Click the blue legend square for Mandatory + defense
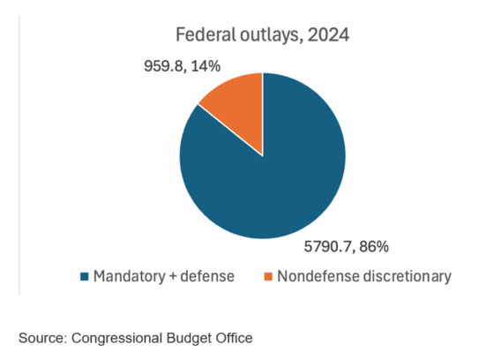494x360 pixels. click(x=85, y=277)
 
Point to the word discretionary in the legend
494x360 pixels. click(x=407, y=277)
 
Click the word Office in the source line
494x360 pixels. click(x=232, y=338)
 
